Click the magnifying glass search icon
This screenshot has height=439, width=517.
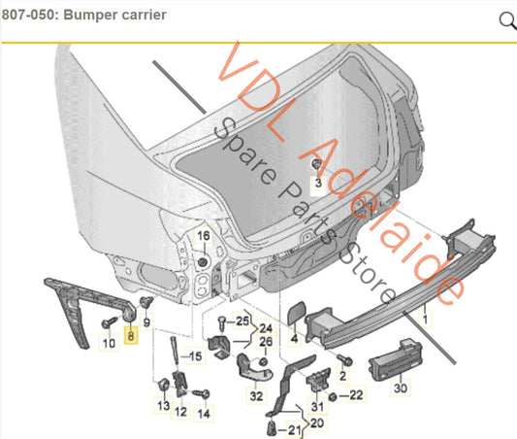[x=506, y=20]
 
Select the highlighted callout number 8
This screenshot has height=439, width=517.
[x=132, y=341]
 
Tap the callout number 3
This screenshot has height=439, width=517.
[x=316, y=183]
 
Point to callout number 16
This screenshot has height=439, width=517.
[x=203, y=236]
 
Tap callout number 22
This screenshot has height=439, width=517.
[x=356, y=394]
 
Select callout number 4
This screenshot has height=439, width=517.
[x=294, y=340]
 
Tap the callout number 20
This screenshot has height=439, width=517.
[x=318, y=424]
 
